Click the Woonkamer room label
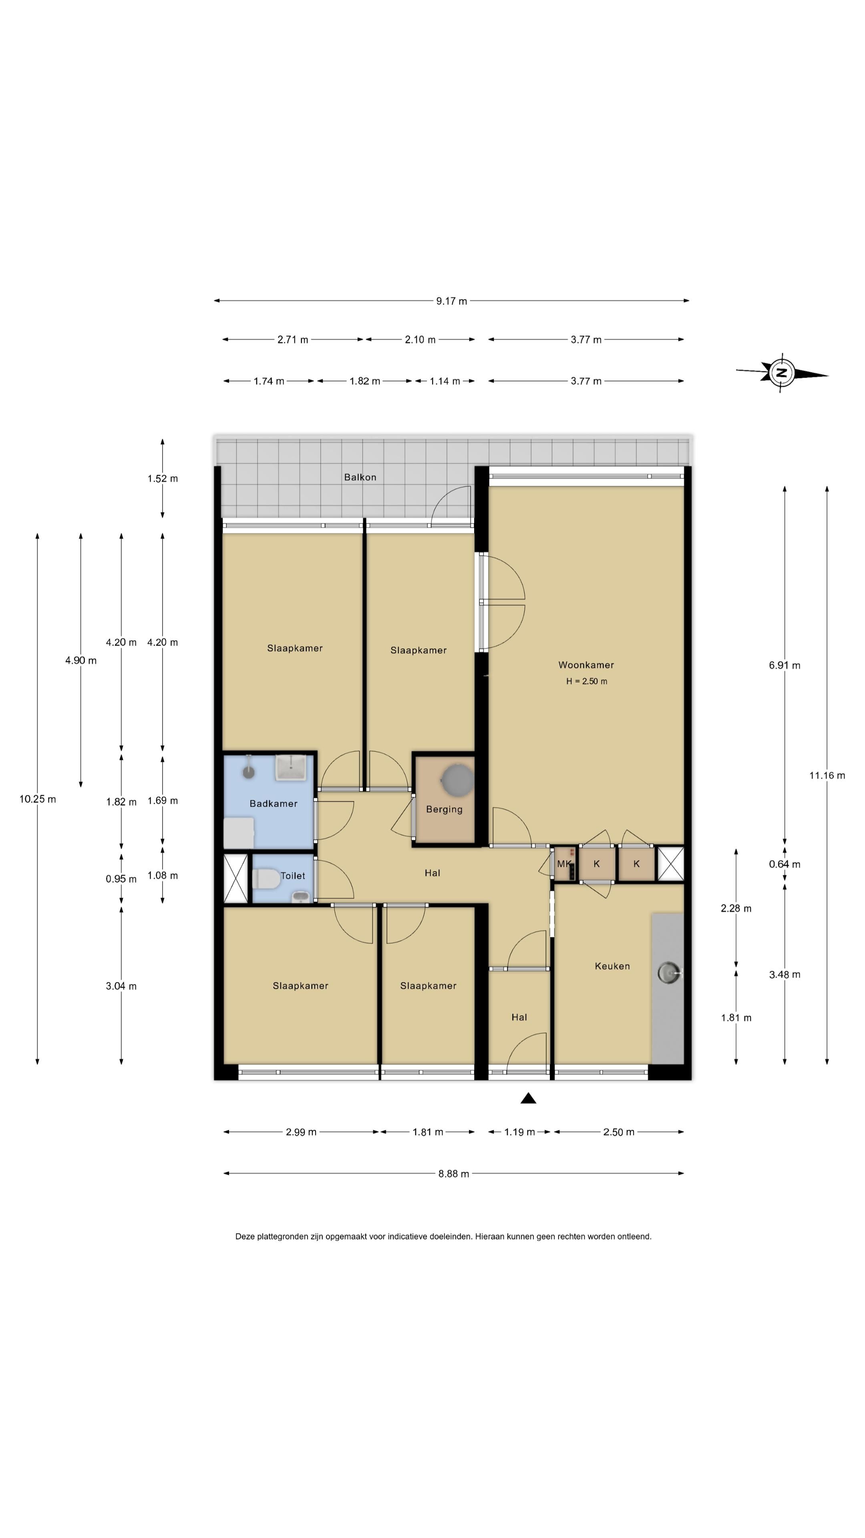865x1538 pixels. (x=585, y=664)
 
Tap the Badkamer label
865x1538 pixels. (x=274, y=803)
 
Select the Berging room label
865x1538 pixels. (x=444, y=809)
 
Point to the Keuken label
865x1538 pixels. (x=612, y=966)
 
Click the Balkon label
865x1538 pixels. (x=360, y=477)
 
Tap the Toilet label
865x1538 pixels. (x=292, y=876)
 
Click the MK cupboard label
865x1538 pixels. (x=563, y=864)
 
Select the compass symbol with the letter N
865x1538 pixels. (x=781, y=374)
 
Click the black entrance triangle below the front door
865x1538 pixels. (x=528, y=1098)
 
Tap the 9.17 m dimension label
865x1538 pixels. (x=451, y=301)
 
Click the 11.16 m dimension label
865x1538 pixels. (x=827, y=775)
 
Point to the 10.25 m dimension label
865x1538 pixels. (x=38, y=799)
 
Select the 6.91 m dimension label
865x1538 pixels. (x=785, y=665)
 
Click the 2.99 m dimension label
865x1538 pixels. (x=301, y=1132)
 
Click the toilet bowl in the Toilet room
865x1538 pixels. (x=266, y=879)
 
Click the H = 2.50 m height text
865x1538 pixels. (x=586, y=681)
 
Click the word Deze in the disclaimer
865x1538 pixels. (x=245, y=1236)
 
